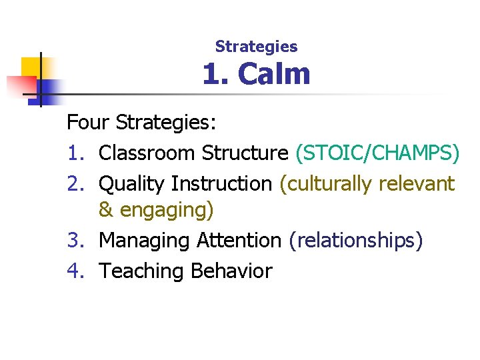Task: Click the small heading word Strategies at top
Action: coord(256,47)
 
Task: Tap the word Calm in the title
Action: coord(274,74)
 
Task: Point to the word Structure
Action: coord(245,153)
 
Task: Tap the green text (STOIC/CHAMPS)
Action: coord(377,153)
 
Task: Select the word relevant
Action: coord(415,183)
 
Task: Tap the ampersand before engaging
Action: coord(106,210)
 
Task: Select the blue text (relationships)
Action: coord(355,241)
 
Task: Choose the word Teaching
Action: coord(141,271)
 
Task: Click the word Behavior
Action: coord(231,271)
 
